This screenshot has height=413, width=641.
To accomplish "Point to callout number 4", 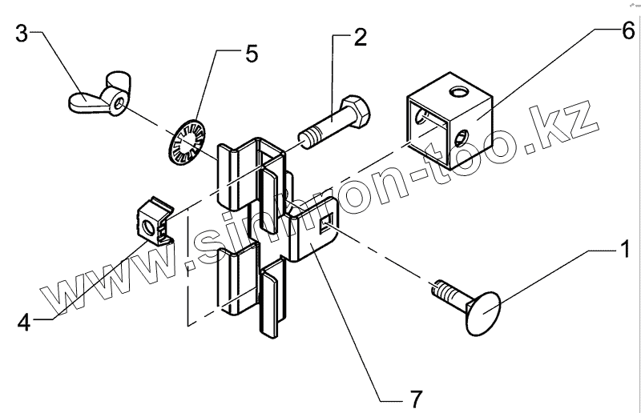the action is coord(23,323).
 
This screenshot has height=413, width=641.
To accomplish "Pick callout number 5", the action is coord(252,54).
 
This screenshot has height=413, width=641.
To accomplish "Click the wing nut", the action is coord(96,100).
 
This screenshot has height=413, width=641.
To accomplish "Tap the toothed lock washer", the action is coord(187,142).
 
